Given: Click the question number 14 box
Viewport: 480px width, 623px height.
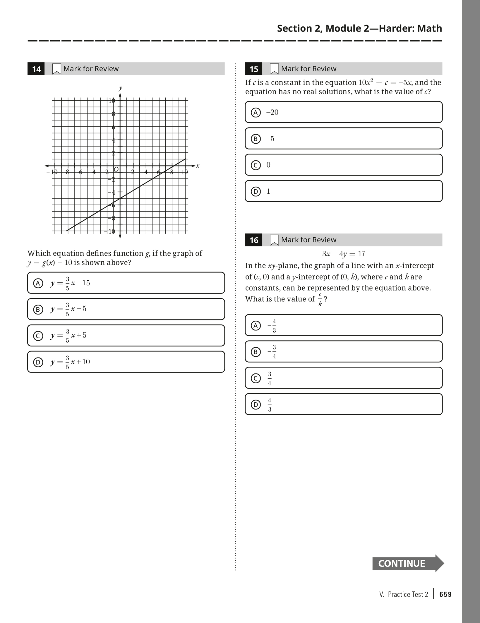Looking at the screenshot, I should pos(36,69).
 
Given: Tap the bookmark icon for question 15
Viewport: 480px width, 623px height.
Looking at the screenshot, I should pos(274,69).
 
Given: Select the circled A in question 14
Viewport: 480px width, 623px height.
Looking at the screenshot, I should pos(38,283).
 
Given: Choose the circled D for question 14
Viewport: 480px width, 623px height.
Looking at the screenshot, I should pos(38,362).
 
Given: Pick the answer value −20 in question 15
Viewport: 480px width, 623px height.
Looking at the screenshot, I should pos(272,112).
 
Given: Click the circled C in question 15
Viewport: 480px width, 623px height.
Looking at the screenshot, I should pos(256,165).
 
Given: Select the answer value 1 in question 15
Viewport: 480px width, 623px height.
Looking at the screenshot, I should pos(268,191).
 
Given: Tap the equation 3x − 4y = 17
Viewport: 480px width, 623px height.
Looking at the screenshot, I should pos(344,254).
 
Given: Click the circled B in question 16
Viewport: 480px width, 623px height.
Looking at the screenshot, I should pos(256,352).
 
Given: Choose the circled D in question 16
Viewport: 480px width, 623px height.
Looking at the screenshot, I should pos(256,404).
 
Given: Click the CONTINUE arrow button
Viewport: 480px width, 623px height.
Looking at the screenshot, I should pos(408,563).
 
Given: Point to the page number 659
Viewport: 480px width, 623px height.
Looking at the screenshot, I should pos(445,594).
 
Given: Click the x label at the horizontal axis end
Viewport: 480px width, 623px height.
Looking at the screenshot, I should pos(198,166).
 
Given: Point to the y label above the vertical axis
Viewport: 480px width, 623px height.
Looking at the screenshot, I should pos(120,88).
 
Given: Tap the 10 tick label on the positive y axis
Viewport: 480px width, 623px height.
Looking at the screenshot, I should pos(112,101).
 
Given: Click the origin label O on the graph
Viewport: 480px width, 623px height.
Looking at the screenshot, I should pos(116,169).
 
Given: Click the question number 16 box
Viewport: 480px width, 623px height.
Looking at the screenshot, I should pos(254,240).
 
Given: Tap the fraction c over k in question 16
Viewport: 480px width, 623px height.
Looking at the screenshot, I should pos(320,299).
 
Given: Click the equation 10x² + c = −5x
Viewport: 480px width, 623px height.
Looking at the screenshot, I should pos(385,83).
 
